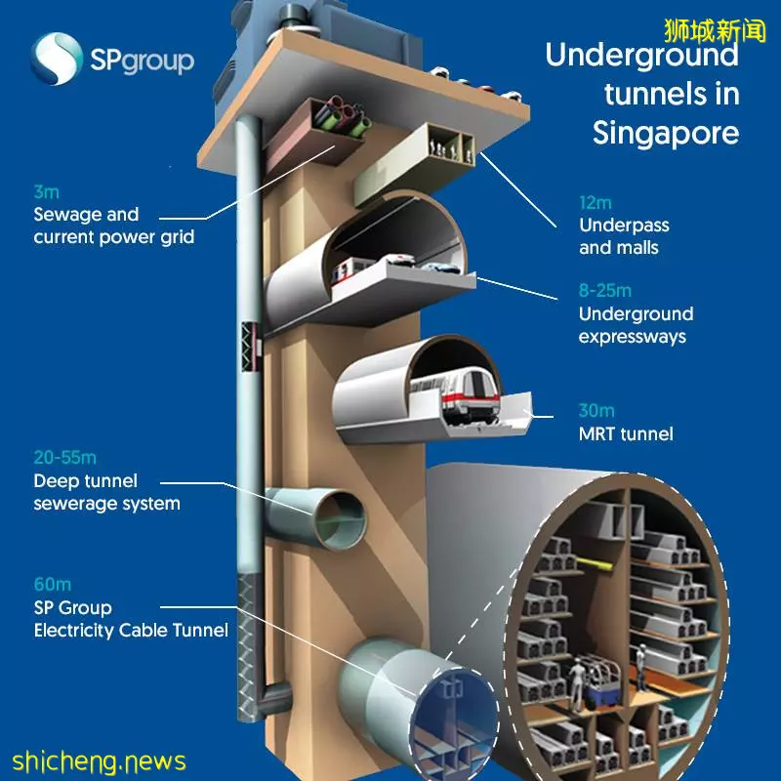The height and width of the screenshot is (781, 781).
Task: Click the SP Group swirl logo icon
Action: (x=57, y=59)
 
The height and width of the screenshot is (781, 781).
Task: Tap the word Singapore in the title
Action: (x=666, y=134)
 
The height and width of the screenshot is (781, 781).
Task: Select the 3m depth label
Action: (x=46, y=191)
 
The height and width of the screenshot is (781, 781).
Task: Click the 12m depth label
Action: (x=596, y=203)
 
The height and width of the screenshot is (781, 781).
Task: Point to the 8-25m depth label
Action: (x=604, y=290)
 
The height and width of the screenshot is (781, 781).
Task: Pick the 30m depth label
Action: (x=596, y=410)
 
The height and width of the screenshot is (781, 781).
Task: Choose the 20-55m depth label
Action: (x=65, y=457)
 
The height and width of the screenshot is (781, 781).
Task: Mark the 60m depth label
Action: (x=53, y=584)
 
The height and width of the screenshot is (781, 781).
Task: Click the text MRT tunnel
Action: (x=626, y=433)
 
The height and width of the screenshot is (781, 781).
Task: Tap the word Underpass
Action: (x=624, y=226)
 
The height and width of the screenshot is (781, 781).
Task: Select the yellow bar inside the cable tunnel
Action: (x=595, y=565)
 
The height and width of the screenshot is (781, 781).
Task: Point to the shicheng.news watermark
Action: (x=99, y=761)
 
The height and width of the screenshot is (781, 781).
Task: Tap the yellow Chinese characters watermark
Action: (x=715, y=31)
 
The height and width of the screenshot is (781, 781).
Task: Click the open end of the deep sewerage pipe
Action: (x=341, y=518)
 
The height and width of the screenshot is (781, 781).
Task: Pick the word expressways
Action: (x=632, y=337)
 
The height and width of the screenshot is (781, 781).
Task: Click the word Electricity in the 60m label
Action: (x=74, y=631)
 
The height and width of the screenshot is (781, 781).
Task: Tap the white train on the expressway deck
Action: (x=349, y=271)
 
